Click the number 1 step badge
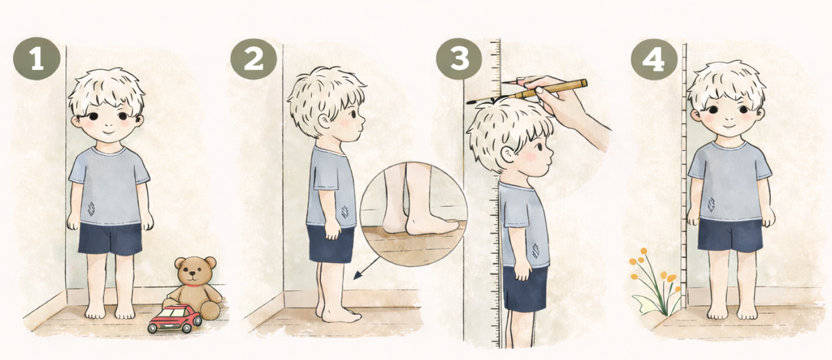36,59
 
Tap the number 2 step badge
254,59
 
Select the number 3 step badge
459,59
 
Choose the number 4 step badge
654,60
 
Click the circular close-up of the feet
414,214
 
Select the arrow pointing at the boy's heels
366,268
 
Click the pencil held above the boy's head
527,92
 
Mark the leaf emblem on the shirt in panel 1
92,208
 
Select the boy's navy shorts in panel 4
730,236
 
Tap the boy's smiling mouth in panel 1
108,132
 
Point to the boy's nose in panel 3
551,153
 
